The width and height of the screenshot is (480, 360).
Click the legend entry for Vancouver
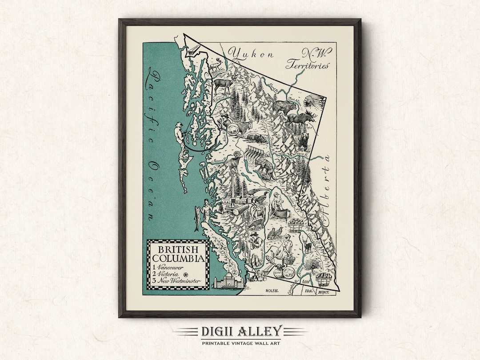pyautogui.click(x=168, y=267)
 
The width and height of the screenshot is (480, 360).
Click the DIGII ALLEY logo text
pyautogui.click(x=240, y=331)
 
